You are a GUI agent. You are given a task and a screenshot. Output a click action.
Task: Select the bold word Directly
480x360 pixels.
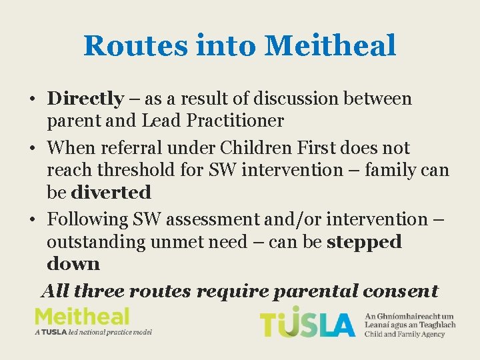point(85,99)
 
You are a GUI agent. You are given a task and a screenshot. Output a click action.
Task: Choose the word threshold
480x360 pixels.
point(139,170)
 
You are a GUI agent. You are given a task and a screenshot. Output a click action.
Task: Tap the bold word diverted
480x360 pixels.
point(111,193)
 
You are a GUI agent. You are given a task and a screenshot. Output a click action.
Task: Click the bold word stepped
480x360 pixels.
point(364,242)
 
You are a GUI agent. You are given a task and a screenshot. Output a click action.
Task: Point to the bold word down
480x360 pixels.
point(73,264)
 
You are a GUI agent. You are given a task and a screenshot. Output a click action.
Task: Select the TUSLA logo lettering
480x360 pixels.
point(307,323)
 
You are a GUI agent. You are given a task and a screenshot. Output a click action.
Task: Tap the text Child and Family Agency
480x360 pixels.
point(404,334)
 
